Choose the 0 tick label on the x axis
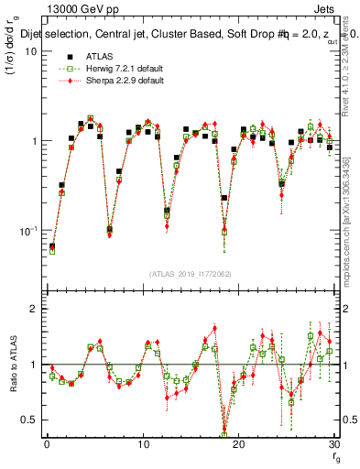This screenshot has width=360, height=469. point(46,444)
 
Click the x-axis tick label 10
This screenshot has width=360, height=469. point(142,444)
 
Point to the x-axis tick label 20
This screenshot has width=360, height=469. point(238,444)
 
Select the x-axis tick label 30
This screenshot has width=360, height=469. point(333,444)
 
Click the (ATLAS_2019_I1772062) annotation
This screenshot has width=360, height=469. point(190,274)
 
